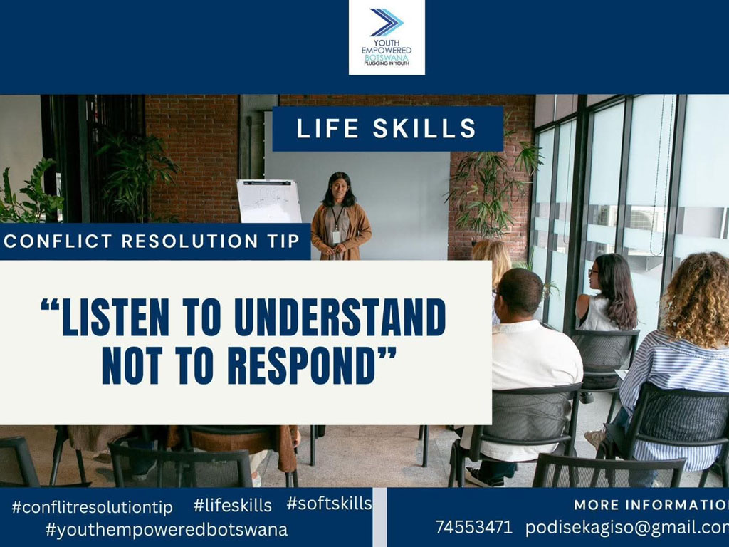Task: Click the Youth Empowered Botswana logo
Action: pyautogui.click(x=387, y=37)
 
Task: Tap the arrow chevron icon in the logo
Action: pyautogui.click(x=387, y=22)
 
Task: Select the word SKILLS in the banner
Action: pyautogui.click(x=424, y=128)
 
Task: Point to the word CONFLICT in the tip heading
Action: pyautogui.click(x=58, y=241)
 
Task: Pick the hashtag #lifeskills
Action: pyautogui.click(x=233, y=505)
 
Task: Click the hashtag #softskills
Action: pyautogui.click(x=329, y=504)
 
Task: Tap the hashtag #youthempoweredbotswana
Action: pyautogui.click(x=167, y=529)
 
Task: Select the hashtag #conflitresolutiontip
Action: pyautogui.click(x=92, y=506)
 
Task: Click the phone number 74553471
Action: pyautogui.click(x=473, y=528)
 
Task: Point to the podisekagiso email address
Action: pyautogui.click(x=627, y=528)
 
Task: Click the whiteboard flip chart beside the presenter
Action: pyautogui.click(x=269, y=202)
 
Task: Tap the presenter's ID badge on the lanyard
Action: pyautogui.click(x=337, y=236)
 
